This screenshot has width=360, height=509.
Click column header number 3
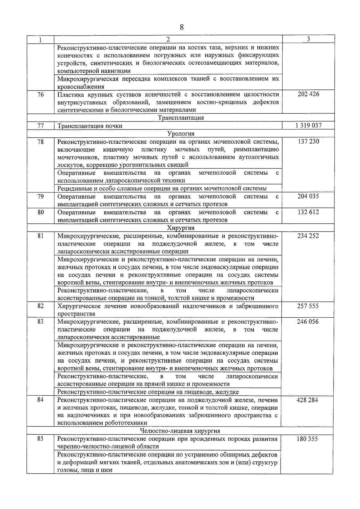[309, 39]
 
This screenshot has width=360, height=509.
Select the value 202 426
[308, 94]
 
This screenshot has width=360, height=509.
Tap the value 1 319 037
[308, 126]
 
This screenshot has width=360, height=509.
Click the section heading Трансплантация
[181, 118]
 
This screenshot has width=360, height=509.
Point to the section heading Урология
[181, 133]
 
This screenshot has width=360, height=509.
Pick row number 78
[40, 142]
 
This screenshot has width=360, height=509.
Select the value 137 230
[308, 141]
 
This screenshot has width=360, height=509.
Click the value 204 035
[308, 196]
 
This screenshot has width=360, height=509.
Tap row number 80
[40, 212]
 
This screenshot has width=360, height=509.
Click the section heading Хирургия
[181, 228]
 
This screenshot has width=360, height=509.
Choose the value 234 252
[308, 236]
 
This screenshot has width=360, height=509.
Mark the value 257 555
[308, 306]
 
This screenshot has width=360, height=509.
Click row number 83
[40, 322]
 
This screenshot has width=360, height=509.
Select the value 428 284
[307, 400]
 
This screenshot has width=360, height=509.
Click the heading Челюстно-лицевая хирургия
[180, 431]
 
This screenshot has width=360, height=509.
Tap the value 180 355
[307, 439]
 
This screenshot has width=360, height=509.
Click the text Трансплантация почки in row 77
[90, 126]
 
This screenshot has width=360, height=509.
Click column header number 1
[40, 40]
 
